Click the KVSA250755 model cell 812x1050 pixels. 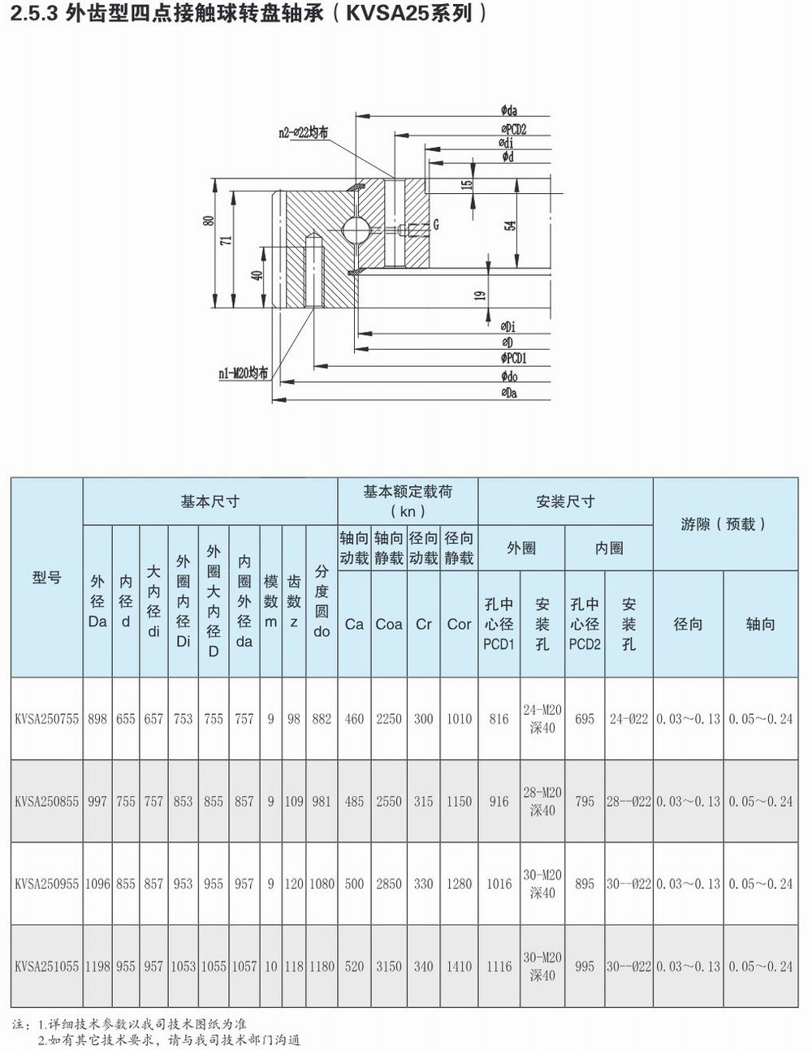pos(46,719)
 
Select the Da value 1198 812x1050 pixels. pos(97,966)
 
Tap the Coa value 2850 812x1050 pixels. pos(388,884)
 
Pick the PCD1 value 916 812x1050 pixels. pos(499,801)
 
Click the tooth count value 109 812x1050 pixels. pos(293,801)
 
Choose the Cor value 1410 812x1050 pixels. pos(459,966)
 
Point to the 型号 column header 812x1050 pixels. pos(46,578)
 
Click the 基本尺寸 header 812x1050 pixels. pos(209,501)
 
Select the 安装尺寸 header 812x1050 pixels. pos(565,501)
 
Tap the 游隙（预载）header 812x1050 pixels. pos(724,524)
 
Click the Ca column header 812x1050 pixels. pos(354,624)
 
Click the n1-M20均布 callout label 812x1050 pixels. pos(243,373)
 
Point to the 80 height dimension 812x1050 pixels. pos(209,221)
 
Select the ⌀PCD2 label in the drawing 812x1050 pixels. pos(513,130)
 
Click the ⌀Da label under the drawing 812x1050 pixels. pos(509,394)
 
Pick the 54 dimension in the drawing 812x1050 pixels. pos(511,225)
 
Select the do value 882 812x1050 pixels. pos(322,719)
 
